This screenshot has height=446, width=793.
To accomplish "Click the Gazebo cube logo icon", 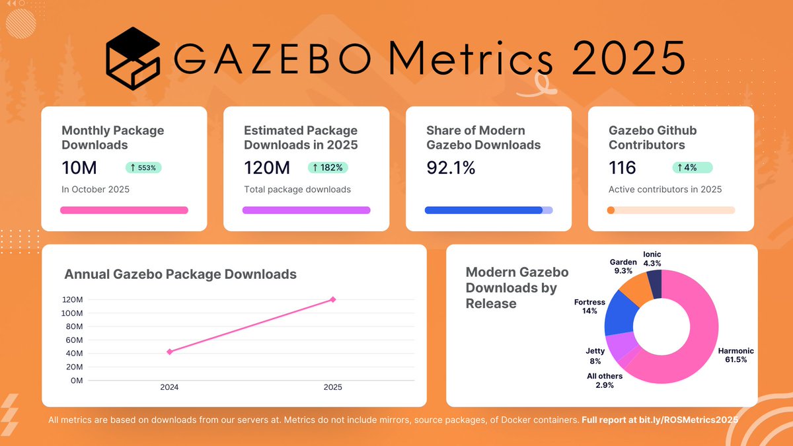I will pos(133,59).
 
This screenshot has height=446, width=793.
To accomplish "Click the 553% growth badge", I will pos(143,168).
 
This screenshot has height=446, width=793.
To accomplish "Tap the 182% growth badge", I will pos(328,168).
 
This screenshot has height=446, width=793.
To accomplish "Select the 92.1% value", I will pos(451,168).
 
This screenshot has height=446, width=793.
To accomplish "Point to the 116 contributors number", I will pos(622,168).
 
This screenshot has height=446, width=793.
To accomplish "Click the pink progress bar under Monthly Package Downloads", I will pos(124,210).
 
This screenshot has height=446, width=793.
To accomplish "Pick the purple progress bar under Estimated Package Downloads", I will pos(306,210).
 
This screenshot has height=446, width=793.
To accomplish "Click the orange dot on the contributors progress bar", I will pos(611,210).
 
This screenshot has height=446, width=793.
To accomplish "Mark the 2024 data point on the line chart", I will pos(170,352).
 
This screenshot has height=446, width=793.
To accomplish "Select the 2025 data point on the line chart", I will pos(333,299).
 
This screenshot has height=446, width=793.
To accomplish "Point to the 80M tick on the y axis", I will pos(73,326).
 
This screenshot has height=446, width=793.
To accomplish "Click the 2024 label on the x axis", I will pos(170,388).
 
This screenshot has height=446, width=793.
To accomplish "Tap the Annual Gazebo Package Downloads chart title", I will pos(180,274).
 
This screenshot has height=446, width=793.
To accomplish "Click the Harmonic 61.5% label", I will pos(736,355).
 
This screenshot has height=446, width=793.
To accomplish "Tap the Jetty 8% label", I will pos(595,356).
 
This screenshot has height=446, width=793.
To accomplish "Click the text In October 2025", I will pos(95,190).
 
